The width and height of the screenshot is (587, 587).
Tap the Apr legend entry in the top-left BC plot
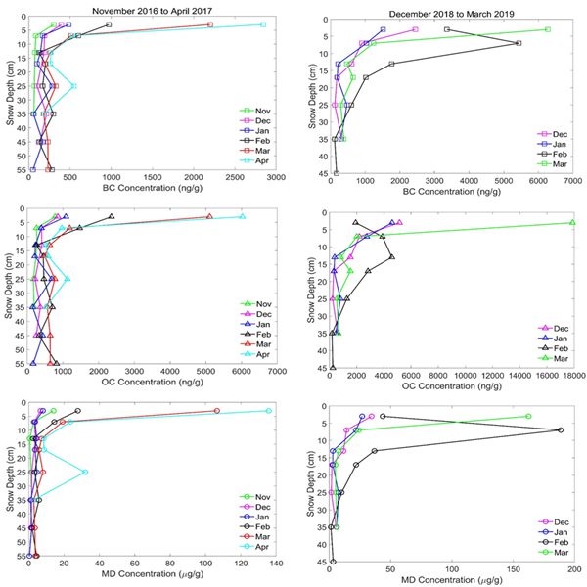click(258, 159)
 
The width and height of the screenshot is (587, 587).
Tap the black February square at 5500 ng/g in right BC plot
click(519, 43)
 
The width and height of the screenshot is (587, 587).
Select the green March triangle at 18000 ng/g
click(572, 223)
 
